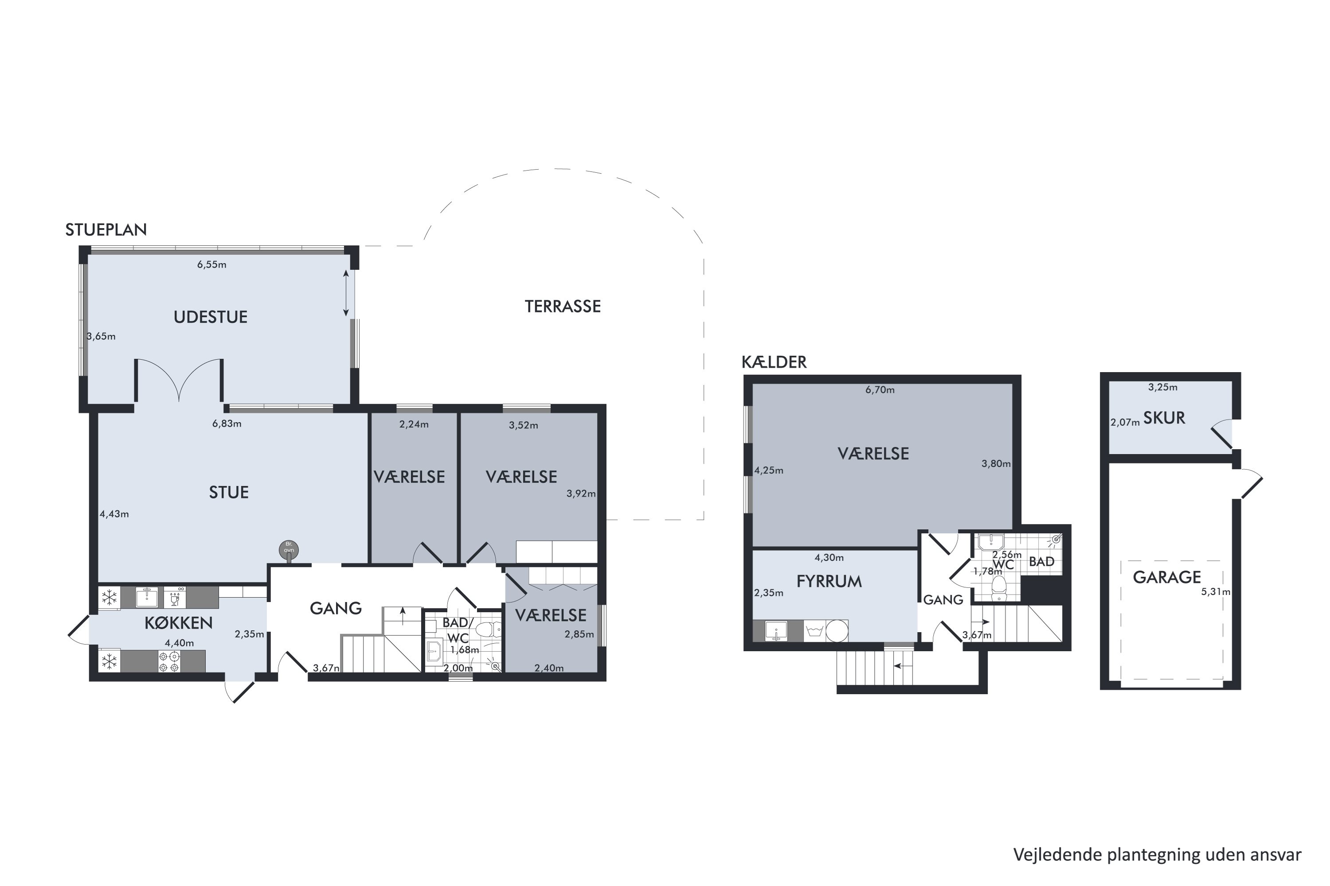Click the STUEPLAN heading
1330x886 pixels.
click(x=106, y=230)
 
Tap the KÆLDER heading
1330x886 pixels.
click(x=774, y=362)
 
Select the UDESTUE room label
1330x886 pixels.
click(x=210, y=317)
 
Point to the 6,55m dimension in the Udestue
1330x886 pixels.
click(x=211, y=264)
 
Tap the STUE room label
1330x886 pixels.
click(x=229, y=493)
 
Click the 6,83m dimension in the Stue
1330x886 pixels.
click(x=227, y=424)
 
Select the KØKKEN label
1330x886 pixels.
click(x=179, y=623)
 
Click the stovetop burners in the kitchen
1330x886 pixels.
click(x=170, y=662)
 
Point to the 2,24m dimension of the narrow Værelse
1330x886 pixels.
click(x=414, y=424)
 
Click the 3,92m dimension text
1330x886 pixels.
click(x=581, y=494)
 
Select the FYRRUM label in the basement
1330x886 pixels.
click(x=829, y=581)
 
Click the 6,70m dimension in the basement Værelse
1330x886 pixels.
click(x=880, y=390)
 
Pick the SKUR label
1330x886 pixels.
click(x=1164, y=418)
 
